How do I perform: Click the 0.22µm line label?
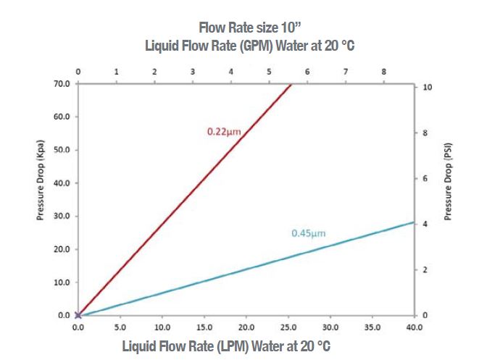tap(223, 132)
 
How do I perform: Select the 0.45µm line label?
tap(308, 233)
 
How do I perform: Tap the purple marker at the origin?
tap(78, 315)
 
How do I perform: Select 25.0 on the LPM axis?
tap(288, 327)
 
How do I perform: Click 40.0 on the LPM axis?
tap(415, 327)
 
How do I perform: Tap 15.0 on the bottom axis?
tap(204, 327)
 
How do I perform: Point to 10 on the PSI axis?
tap(428, 87)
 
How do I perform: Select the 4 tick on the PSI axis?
tap(426, 225)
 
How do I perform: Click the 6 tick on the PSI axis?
tap(426, 178)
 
